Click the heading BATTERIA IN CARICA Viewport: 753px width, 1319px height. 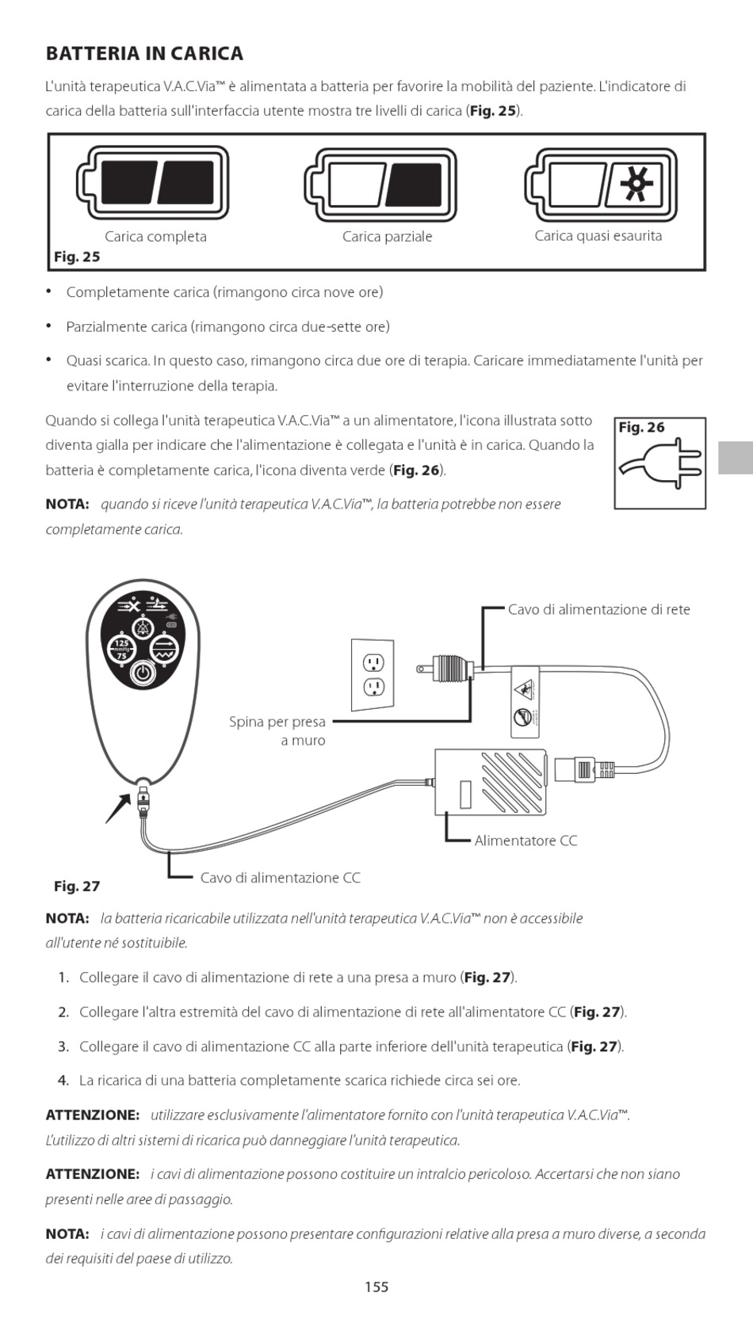[144, 54]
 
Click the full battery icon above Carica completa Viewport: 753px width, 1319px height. [154, 184]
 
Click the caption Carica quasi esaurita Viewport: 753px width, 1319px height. [598, 236]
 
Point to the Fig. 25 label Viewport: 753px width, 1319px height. [77, 257]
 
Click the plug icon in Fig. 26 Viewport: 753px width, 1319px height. [660, 463]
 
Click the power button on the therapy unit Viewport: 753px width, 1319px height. [142, 673]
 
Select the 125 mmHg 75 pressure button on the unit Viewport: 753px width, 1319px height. [121, 649]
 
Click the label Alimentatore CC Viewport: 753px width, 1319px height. [526, 841]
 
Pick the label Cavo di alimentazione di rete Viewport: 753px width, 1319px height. [598, 610]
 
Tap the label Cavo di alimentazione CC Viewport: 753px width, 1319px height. [280, 878]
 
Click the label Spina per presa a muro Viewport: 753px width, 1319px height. [277, 731]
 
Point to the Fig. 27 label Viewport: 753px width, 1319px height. [77, 886]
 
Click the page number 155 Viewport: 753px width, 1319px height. [376, 1287]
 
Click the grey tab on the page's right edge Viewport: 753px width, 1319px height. [736, 458]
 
